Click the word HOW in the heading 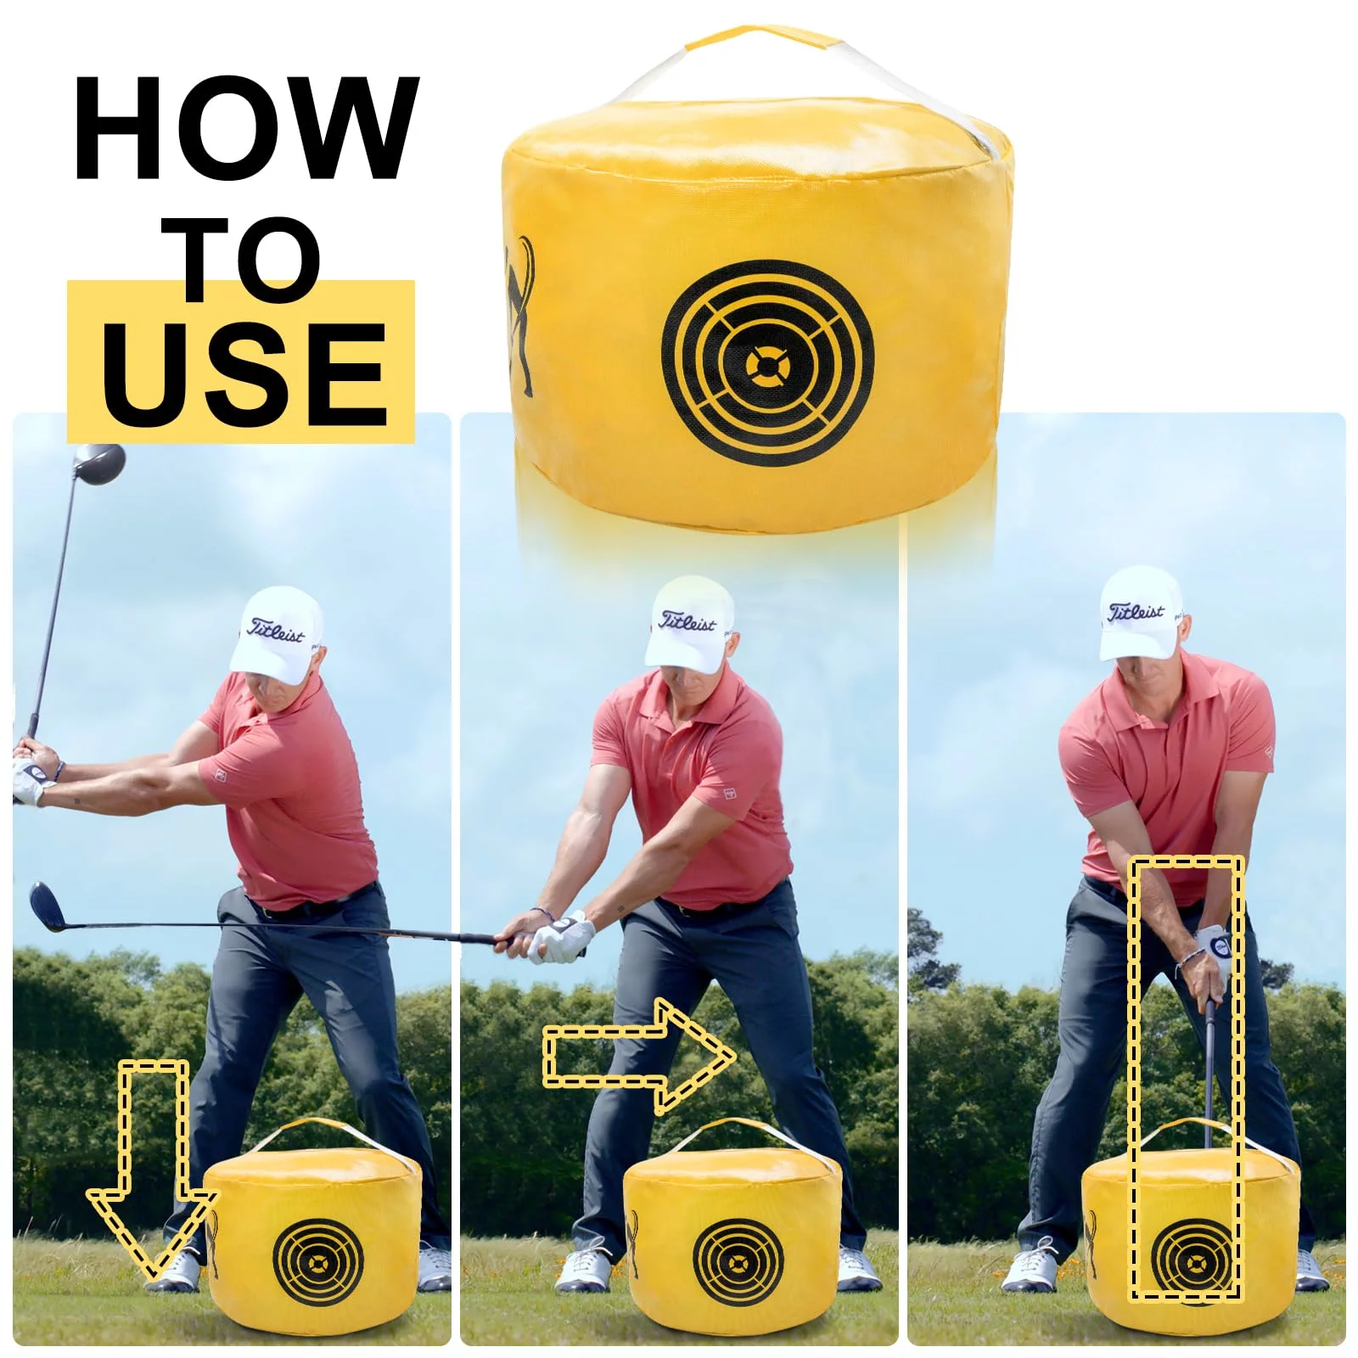click(x=246, y=128)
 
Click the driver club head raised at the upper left click(x=98, y=463)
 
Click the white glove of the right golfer click(x=1211, y=951)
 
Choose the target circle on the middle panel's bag click(x=735, y=1263)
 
